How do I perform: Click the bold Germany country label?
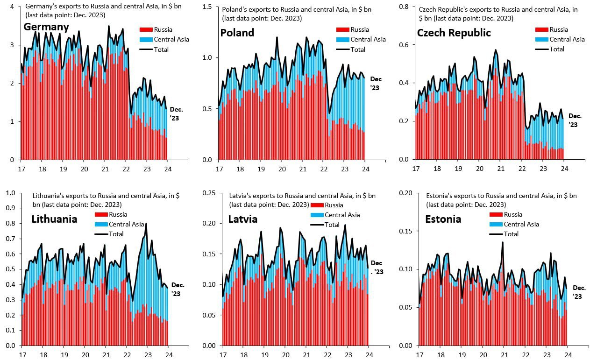point(46,27)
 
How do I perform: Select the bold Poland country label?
point(237,33)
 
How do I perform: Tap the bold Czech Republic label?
point(454,33)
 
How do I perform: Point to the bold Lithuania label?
point(54,219)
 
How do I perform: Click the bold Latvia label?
point(242,219)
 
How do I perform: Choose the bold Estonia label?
point(443,219)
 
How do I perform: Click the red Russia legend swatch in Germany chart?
point(146,29)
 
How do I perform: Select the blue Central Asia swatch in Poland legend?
point(343,40)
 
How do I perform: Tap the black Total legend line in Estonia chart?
point(496,234)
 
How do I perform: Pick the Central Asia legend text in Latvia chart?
point(342,215)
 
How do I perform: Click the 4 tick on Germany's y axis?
point(12,7)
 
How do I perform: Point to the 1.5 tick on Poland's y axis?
point(207,7)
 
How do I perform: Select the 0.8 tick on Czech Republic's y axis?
point(404,7)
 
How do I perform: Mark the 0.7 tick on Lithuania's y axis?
point(11,239)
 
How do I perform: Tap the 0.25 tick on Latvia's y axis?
point(209,193)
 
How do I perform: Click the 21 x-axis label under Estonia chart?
point(505,355)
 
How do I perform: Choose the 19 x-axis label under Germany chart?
point(63,169)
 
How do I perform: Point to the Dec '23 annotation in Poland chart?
point(376,84)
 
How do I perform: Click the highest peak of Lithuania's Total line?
point(146,224)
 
